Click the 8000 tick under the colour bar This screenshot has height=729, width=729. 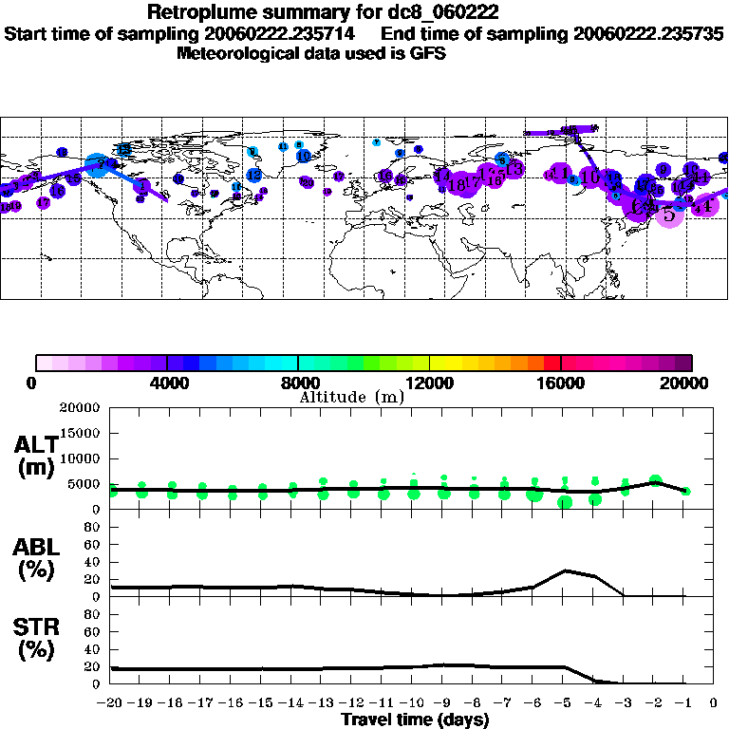coord(298,383)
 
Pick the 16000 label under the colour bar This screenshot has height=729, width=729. coord(561,383)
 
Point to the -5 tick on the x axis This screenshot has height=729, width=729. coord(565,703)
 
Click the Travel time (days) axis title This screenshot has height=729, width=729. coord(415,720)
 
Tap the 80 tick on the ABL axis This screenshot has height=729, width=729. coord(93,527)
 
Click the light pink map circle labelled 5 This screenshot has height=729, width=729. coord(669,215)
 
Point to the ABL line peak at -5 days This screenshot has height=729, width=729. coord(565,570)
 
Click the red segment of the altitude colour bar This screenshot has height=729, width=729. coord(551,362)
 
